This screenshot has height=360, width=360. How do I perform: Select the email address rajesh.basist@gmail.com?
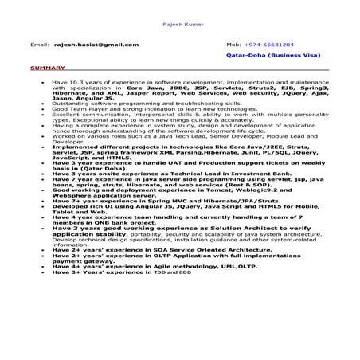pyautogui.click(x=93, y=45)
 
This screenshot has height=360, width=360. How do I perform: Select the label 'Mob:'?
pyautogui.click(x=233, y=45)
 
